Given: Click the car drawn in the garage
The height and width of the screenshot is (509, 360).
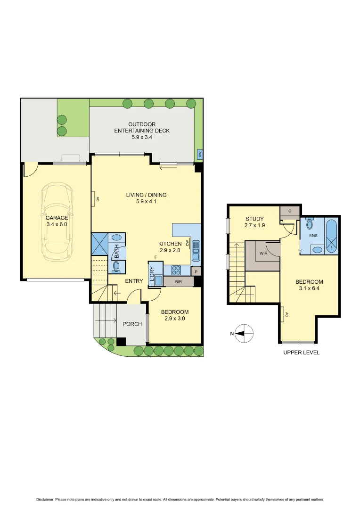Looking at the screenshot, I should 57,222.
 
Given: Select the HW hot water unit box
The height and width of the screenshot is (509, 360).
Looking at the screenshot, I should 200,154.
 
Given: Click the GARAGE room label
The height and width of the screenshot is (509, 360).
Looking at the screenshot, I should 57,218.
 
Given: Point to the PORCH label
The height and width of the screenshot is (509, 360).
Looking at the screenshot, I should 132,324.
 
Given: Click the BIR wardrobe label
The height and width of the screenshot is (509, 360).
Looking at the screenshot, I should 178,282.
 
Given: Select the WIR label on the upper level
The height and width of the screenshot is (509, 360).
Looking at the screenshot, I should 262,253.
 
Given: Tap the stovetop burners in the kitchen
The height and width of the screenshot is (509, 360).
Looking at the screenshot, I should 176,270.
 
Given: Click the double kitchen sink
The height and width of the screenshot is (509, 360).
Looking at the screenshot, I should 196,251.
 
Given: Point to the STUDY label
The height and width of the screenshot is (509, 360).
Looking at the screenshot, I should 254,219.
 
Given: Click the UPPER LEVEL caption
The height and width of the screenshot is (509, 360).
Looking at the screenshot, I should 301,353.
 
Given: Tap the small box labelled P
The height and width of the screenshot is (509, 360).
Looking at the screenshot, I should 196,271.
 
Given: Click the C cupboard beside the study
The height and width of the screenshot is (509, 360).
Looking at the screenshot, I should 289,211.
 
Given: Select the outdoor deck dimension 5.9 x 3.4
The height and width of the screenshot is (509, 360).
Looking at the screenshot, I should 142,138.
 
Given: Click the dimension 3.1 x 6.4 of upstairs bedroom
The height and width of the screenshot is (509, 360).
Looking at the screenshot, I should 309,289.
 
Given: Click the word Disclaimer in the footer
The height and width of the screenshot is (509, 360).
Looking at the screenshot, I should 45,500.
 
